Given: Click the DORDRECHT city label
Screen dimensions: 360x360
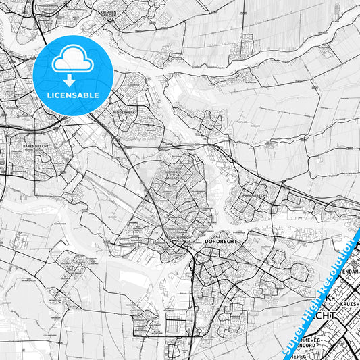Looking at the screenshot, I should coord(217,242).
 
